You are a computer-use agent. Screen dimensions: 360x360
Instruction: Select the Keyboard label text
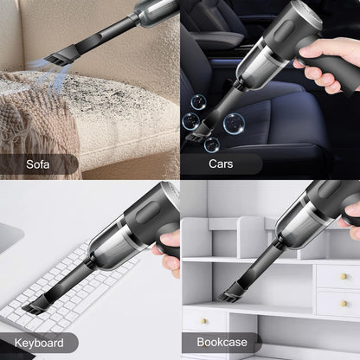(38, 343)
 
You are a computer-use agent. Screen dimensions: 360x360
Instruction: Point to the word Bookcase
(221, 343)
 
